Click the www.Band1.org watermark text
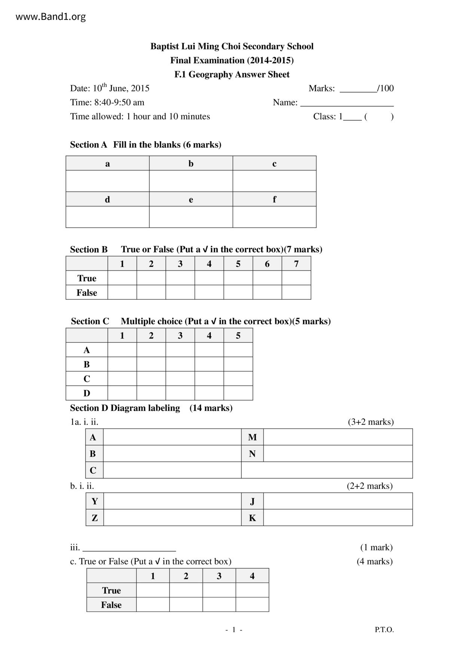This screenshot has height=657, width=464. coord(51,17)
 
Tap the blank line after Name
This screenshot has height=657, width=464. coord(347,103)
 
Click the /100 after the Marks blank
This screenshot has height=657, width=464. coord(386,88)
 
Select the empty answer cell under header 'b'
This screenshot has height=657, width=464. coord(191,181)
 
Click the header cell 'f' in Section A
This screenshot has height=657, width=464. coord(274,199)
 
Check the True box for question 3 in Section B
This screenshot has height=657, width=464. coord(180,278)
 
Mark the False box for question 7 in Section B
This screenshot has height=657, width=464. coord(296,293)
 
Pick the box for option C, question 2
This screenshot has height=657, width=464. coord(151,379)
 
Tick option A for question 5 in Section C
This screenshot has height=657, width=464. coord(238,350)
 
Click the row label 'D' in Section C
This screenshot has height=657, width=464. coord(87,393)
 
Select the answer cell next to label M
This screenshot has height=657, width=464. coord(338,437)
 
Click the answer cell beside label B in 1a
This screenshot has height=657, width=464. coord(172,454)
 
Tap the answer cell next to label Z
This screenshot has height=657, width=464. coord(172,518)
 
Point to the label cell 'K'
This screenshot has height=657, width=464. coord(252,518)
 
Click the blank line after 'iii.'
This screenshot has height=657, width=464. coord(129,548)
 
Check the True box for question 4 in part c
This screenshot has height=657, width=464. coord(252,590)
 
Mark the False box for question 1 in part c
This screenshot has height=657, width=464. coord(153,605)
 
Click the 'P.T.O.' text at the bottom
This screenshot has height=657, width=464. coord(384,630)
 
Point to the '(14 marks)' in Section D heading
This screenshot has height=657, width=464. coord(211,408)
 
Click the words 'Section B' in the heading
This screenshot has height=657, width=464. coord(89,249)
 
